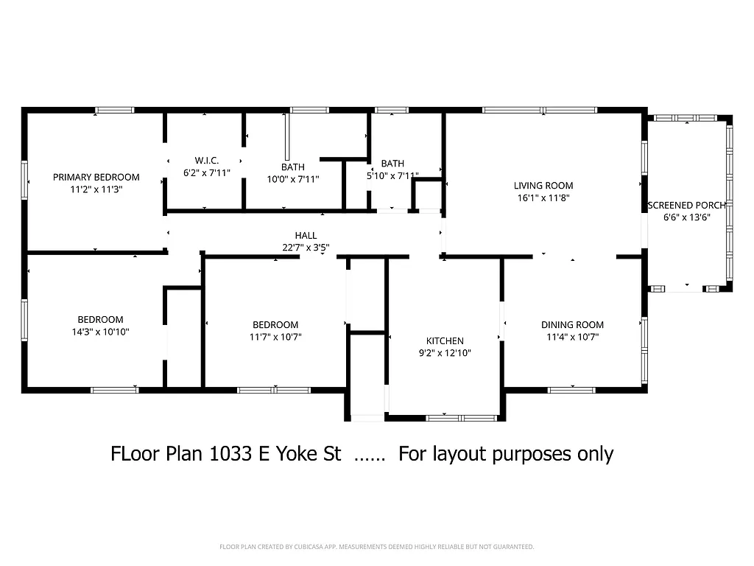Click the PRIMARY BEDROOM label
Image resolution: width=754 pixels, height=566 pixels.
[x=96, y=177]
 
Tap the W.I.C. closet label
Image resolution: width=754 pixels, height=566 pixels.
[x=207, y=161]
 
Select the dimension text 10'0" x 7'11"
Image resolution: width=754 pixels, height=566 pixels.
[x=292, y=179]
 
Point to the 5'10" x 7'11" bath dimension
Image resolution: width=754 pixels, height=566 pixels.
[x=392, y=176]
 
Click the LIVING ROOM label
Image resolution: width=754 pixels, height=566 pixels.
[x=543, y=186]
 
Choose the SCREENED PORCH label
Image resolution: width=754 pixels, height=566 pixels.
[x=686, y=205]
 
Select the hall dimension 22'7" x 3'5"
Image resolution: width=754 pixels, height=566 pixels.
[x=306, y=248]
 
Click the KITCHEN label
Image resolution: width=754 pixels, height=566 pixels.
[x=445, y=340]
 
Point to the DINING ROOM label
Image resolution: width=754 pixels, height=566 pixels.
[x=572, y=325]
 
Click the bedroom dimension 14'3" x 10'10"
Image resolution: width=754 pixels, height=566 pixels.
[x=100, y=332]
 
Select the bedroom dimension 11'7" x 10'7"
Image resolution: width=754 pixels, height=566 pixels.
[x=275, y=337]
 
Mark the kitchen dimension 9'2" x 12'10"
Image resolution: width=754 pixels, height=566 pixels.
[x=445, y=353]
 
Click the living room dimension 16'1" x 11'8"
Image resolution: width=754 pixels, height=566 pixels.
[x=543, y=198]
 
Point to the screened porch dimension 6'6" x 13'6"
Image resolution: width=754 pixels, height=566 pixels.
[x=686, y=217]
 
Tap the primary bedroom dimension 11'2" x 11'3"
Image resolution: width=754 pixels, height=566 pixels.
[x=96, y=189]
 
